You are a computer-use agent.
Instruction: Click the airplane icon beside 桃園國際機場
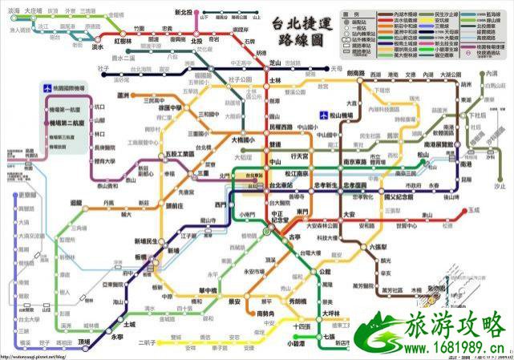(x=49, y=86)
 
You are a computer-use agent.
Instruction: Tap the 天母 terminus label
(x=336, y=69)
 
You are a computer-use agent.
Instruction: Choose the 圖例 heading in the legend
(x=352, y=14)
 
